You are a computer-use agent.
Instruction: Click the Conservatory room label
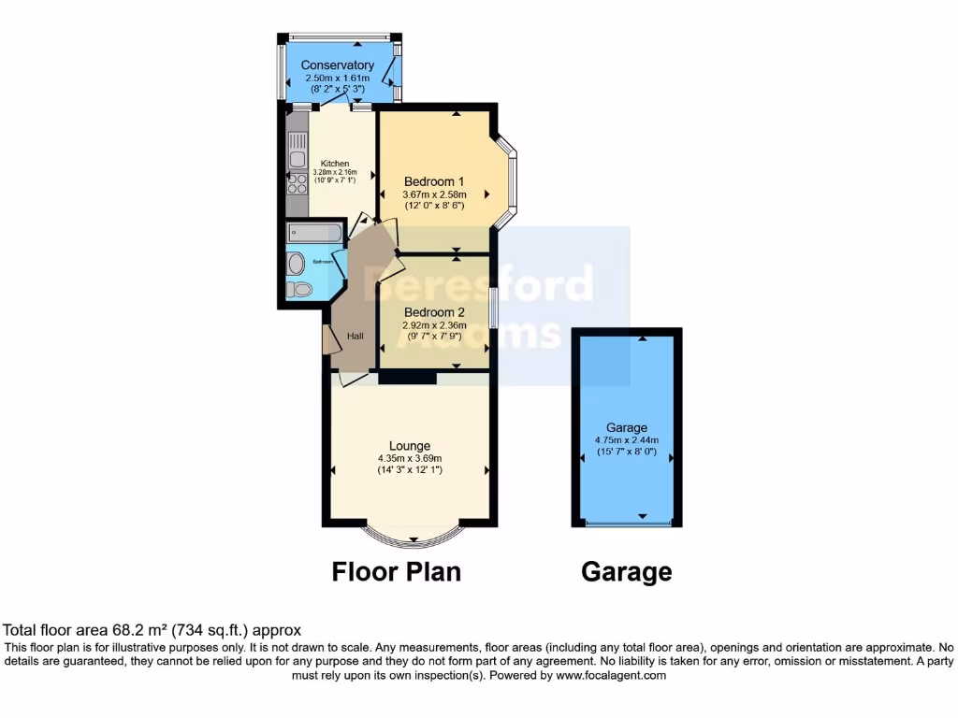point(338,65)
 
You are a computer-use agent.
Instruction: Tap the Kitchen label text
point(334,164)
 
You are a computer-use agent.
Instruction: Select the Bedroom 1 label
point(433,181)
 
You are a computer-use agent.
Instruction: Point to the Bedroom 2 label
point(433,312)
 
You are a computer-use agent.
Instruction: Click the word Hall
point(356,337)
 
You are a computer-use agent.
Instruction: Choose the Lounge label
point(410,445)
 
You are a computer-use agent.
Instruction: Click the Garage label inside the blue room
point(626,427)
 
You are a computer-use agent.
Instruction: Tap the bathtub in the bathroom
point(313,233)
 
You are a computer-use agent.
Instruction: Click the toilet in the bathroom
point(298,290)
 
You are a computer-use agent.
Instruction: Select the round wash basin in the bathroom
point(297,264)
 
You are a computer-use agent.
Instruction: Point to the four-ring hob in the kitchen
point(298,182)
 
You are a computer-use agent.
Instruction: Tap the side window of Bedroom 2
point(493,308)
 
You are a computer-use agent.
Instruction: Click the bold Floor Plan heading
point(397,571)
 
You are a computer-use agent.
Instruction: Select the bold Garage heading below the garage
point(626,571)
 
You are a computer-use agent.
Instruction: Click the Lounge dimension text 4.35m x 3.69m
point(410,458)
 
